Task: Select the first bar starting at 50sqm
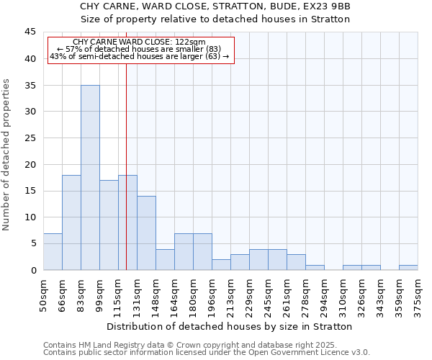click(x=53, y=251)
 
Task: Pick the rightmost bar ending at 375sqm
click(x=408, y=267)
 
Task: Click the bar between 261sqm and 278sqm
click(x=296, y=262)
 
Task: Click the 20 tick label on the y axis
click(x=31, y=164)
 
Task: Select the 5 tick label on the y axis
click(x=34, y=243)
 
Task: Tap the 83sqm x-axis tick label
click(x=81, y=294)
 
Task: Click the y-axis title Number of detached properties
click(x=7, y=154)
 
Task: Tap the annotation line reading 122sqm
click(x=140, y=42)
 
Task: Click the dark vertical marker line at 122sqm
click(x=127, y=180)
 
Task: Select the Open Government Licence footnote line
click(x=207, y=352)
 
